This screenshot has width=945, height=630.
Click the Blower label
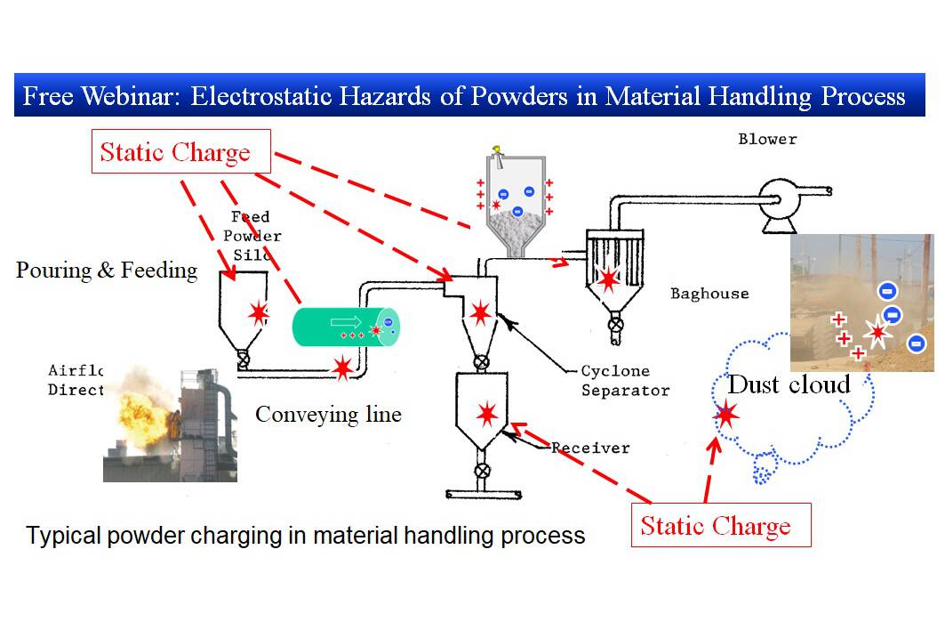(767, 139)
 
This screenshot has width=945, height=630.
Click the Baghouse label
(709, 294)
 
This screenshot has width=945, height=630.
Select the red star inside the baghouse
(608, 280)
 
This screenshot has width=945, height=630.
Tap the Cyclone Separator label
(625, 380)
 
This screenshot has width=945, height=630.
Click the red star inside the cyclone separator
(480, 312)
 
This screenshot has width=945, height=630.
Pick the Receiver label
(590, 448)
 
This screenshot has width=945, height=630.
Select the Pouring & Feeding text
(107, 270)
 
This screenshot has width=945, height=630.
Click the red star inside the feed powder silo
(259, 312)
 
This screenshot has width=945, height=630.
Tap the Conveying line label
(328, 414)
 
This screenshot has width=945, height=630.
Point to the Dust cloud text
(789, 384)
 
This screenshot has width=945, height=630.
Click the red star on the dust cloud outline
(727, 414)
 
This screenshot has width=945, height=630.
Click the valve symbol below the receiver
(482, 470)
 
